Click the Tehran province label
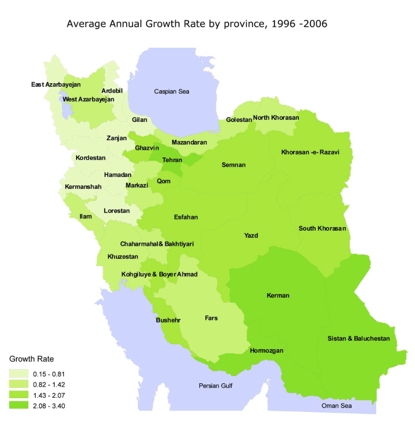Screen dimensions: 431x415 (x=172, y=160)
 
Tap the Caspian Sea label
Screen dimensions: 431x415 (x=171, y=91)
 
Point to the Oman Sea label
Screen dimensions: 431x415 (x=337, y=406)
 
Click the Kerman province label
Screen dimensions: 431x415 (x=278, y=295)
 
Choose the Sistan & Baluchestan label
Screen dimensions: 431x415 (x=359, y=339)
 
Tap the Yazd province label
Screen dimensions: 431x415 (x=251, y=235)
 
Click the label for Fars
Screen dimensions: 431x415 (x=211, y=318)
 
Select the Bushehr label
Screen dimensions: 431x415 (x=168, y=320)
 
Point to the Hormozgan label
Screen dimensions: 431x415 (x=266, y=350)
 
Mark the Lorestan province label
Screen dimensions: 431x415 (x=117, y=211)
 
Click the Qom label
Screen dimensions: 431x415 (x=164, y=181)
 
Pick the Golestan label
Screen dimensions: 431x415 (x=239, y=120)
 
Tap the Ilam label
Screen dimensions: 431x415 (x=86, y=216)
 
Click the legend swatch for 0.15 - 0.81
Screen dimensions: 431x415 (x=18, y=374)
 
